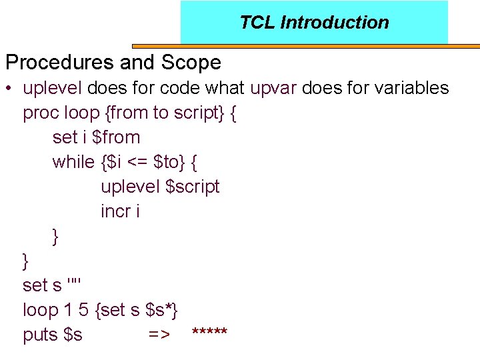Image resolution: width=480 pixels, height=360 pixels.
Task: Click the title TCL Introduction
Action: point(314,23)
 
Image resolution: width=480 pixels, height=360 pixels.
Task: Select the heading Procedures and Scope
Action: point(113,63)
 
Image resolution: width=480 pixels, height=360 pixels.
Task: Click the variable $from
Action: point(116,137)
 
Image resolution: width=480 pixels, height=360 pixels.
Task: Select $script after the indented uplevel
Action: point(192,187)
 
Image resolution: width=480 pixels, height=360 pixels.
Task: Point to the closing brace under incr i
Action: point(55,236)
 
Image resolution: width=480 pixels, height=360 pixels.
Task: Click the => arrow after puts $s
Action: point(159,335)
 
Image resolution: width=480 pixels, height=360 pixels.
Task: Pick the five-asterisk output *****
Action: point(209,332)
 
